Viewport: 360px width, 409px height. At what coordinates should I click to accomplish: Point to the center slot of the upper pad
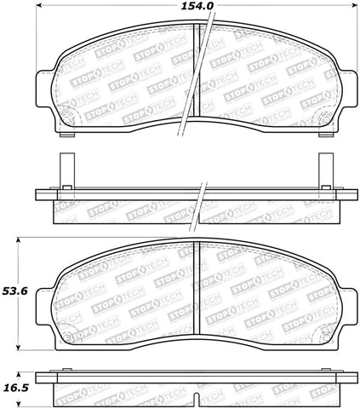tap(197, 77)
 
